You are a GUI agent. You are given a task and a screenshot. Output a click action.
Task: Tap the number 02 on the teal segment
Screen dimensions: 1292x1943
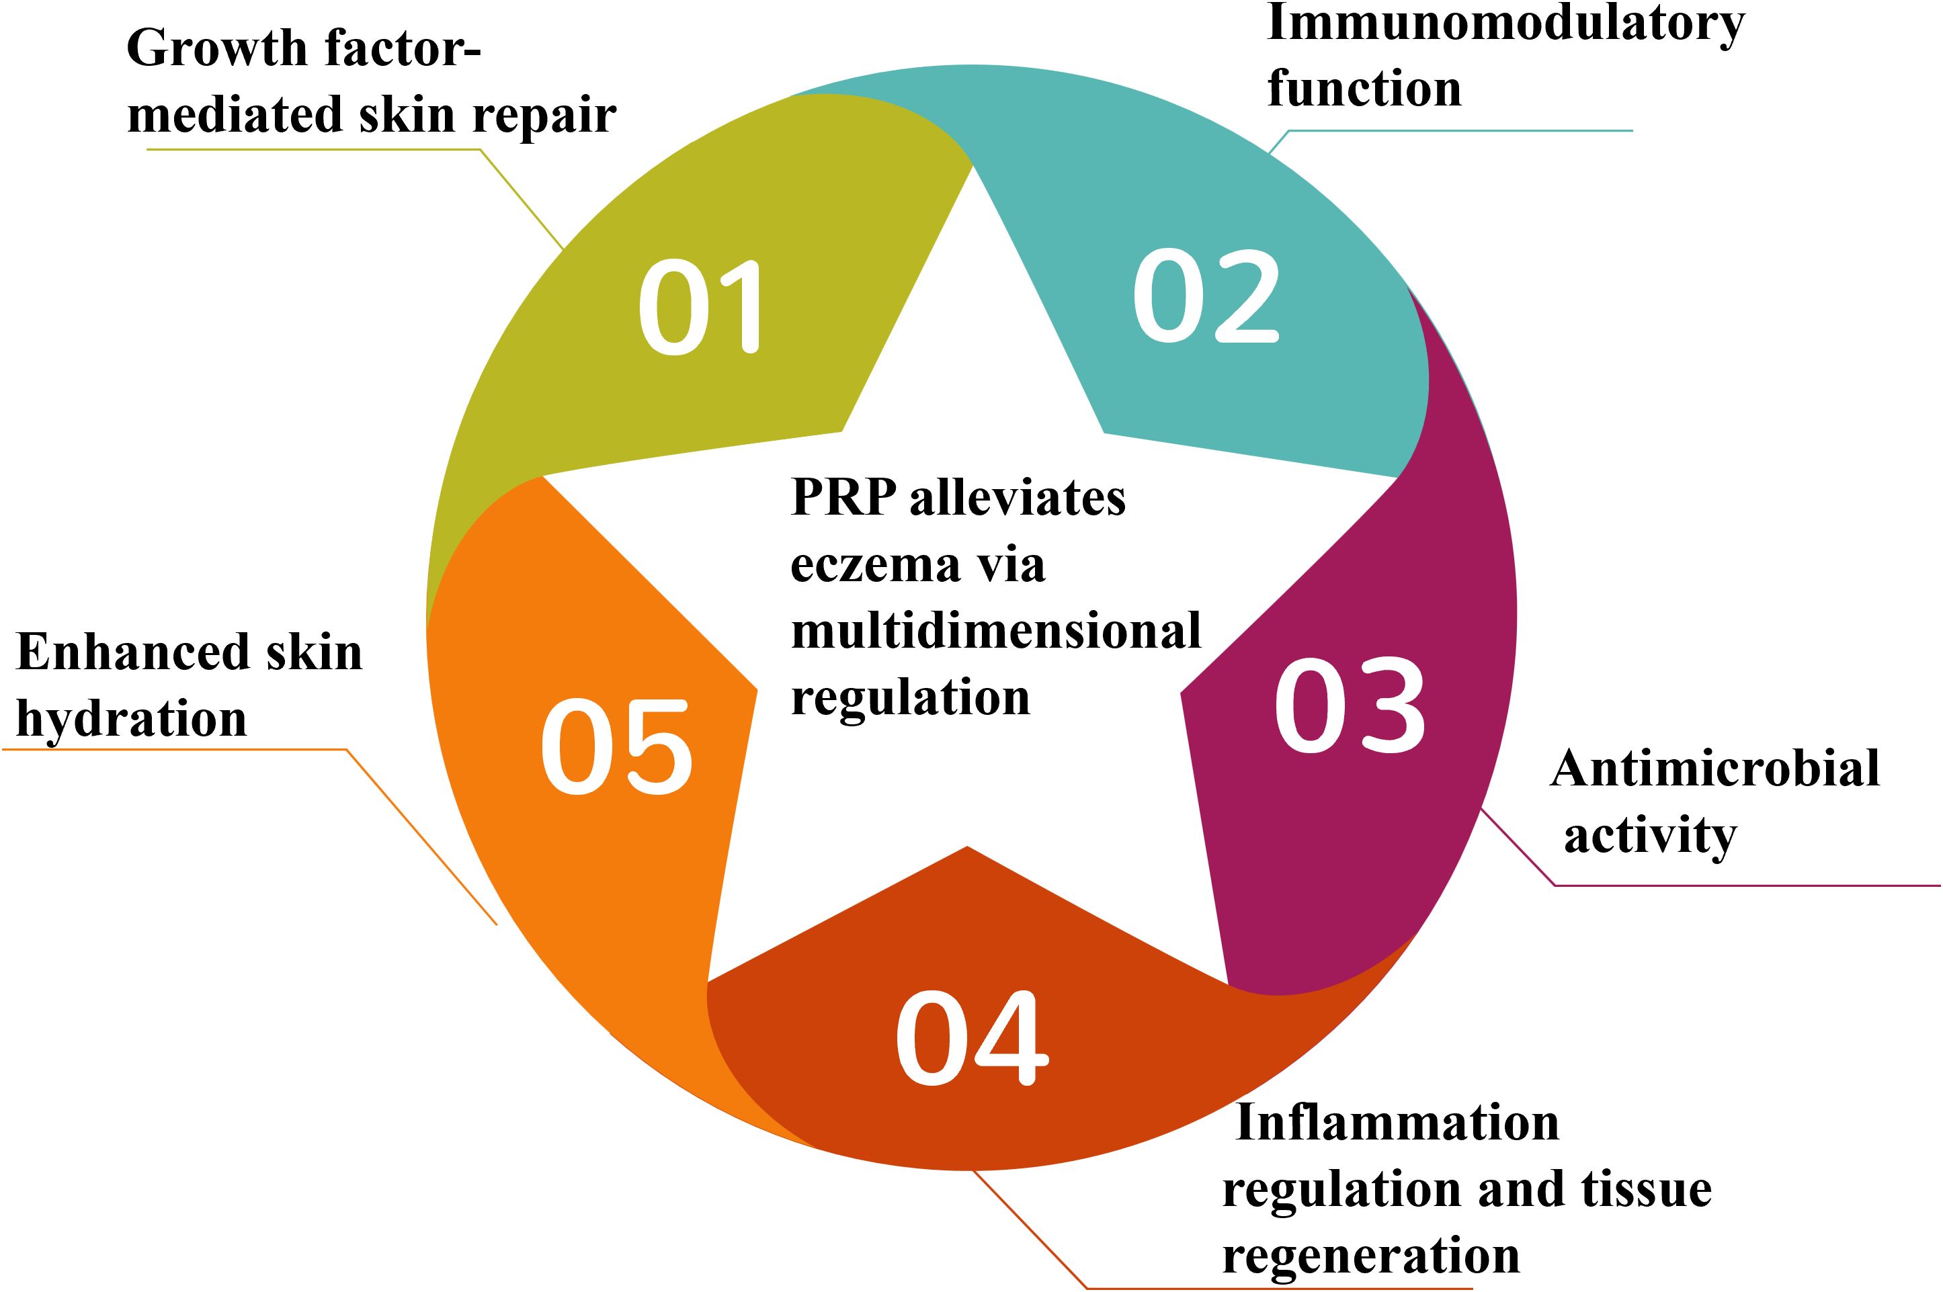coord(1206,297)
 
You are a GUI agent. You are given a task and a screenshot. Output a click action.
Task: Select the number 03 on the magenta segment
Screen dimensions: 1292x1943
coord(1349,706)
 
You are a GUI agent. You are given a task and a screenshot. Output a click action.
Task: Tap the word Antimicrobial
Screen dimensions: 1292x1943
coord(1714,769)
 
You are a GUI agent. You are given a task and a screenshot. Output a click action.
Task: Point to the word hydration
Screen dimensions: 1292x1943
coord(131,718)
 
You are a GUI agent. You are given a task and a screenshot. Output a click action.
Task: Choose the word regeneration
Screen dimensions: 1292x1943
coord(1370,1256)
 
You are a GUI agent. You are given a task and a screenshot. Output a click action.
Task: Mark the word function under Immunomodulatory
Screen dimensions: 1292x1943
coord(1364,89)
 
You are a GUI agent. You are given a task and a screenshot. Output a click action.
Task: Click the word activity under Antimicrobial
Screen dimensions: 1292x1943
coord(1650,837)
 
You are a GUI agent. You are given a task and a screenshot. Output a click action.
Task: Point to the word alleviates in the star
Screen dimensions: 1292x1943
coord(1017,498)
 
